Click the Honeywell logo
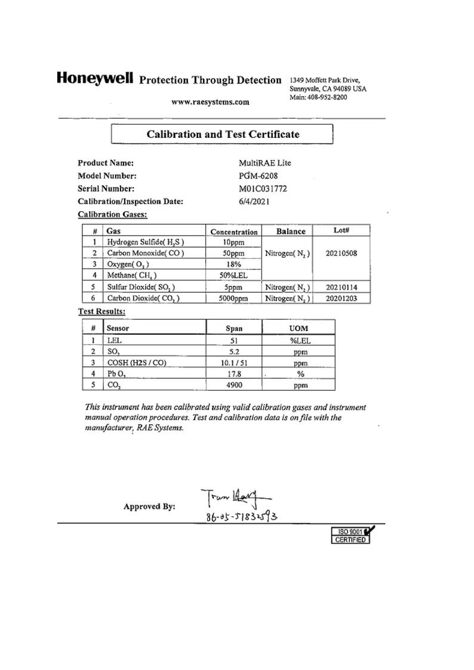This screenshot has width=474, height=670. tap(94, 78)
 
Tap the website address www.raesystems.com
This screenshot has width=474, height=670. tap(210, 102)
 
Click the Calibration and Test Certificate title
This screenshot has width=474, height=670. tap(223, 134)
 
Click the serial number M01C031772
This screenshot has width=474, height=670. tap(263, 189)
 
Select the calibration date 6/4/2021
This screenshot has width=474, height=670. tap(254, 202)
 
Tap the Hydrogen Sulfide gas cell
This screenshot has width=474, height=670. tap(145, 242)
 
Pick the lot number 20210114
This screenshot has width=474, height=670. tap(341, 287)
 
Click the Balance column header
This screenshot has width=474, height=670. tap(291, 231)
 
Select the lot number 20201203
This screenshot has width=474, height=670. tap(341, 298)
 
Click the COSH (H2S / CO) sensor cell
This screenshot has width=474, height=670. tap(136, 362)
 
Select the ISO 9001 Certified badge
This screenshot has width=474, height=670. tap(352, 535)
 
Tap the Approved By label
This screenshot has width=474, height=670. tap(149, 507)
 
